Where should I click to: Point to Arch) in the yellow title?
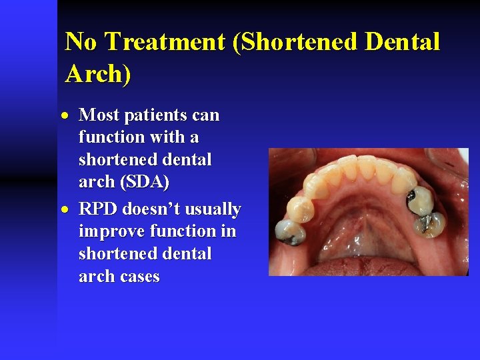98,73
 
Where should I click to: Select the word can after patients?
206,115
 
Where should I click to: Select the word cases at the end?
139,277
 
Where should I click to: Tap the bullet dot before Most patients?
69,116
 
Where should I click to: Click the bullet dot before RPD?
69,210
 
